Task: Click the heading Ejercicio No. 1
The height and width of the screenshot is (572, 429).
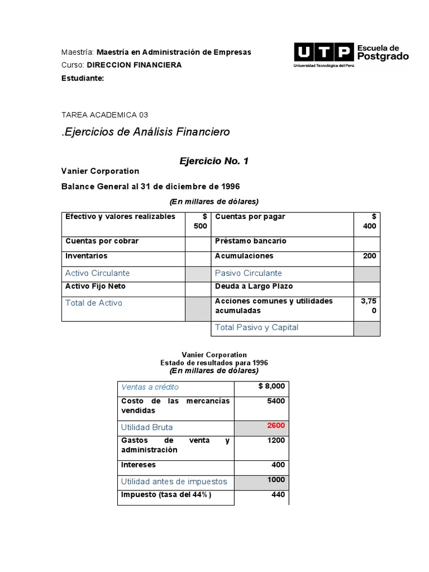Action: [x=213, y=161]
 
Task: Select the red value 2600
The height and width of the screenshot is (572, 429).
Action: [x=275, y=426]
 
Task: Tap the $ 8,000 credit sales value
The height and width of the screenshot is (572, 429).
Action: [x=271, y=386]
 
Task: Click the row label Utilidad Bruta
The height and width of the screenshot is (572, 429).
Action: [x=147, y=427]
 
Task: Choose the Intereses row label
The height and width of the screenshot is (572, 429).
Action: [x=139, y=465]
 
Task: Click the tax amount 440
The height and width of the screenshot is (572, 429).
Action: [x=278, y=495]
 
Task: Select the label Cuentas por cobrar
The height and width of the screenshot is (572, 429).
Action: [x=102, y=241]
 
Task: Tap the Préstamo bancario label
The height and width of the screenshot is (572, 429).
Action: [x=250, y=241]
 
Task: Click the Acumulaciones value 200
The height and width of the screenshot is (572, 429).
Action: [x=369, y=256]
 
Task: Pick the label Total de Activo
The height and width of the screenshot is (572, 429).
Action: [x=93, y=303]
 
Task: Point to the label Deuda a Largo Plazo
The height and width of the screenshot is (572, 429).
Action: [x=254, y=287]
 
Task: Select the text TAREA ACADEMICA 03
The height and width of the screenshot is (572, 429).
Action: [x=104, y=115]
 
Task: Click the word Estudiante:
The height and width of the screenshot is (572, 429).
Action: [x=82, y=78]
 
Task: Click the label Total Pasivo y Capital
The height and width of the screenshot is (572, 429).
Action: [x=256, y=328]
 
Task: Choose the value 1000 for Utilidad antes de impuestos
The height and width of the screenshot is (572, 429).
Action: [x=275, y=480]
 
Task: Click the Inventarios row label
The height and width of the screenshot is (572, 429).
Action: [x=86, y=256]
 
